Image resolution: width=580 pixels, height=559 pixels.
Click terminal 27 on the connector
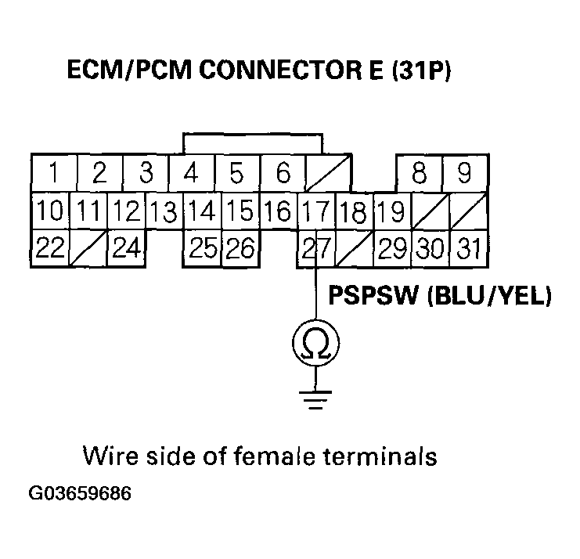tap(315, 250)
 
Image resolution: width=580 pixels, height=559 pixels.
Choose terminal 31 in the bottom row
tap(468, 250)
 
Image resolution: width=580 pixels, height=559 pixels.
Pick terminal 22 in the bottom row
tap(50, 250)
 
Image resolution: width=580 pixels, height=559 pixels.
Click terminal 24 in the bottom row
tap(125, 250)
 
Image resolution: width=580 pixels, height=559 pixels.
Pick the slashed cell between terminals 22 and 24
tap(88, 250)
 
